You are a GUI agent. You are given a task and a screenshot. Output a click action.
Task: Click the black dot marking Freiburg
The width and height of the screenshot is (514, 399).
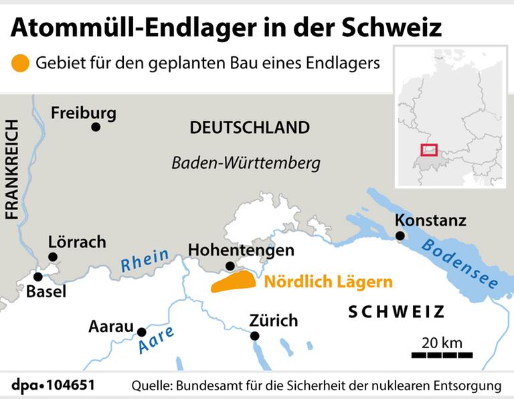96,127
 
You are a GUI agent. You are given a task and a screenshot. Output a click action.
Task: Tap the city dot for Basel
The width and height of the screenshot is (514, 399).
38,276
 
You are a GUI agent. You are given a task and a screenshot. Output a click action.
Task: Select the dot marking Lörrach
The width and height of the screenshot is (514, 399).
54,256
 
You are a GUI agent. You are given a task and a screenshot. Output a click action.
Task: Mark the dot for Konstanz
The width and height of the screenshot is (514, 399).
400,236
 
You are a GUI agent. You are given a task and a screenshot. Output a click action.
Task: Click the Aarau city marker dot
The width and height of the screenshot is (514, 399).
141,332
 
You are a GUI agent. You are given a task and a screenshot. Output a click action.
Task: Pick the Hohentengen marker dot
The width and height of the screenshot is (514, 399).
231,266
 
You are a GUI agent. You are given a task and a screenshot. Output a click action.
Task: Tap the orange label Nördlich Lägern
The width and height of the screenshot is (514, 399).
328,282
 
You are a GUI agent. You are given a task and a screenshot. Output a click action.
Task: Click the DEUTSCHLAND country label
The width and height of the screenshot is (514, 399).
250,128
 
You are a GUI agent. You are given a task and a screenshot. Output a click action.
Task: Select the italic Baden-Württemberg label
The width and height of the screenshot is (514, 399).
246,163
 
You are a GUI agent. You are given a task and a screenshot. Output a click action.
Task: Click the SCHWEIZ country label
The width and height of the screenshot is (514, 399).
396,311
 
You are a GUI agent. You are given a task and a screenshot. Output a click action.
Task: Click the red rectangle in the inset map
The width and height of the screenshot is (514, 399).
428,151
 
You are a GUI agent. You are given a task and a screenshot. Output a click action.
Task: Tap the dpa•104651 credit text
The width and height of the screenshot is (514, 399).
53,386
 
